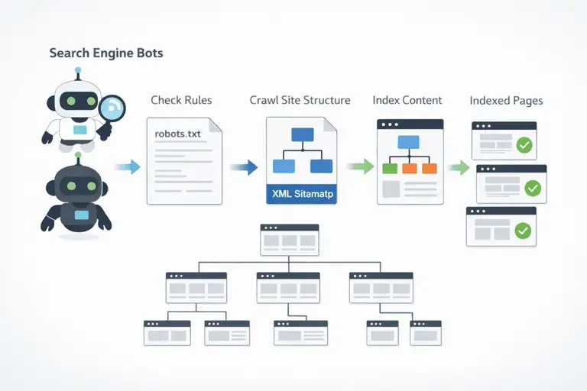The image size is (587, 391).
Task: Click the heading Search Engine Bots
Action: pyautogui.click(x=106, y=53)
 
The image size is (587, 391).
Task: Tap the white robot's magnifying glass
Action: pyautogui.click(x=113, y=108)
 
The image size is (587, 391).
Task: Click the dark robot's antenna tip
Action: pyautogui.click(x=78, y=154)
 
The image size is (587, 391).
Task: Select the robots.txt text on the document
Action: pyautogui.click(x=177, y=134)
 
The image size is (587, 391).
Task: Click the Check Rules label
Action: pyautogui.click(x=181, y=100)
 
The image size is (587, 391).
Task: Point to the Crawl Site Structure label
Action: pyautogui.click(x=300, y=100)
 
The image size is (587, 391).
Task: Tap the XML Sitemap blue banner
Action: pyautogui.click(x=301, y=194)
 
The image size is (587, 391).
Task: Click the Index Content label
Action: pyautogui.click(x=407, y=100)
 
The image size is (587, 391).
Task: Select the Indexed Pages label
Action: pyautogui.click(x=506, y=101)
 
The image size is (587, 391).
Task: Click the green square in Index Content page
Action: pyautogui.click(x=390, y=168)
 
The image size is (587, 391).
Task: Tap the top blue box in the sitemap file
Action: pyautogui.click(x=303, y=134)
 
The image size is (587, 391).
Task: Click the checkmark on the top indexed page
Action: pyautogui.click(x=524, y=145)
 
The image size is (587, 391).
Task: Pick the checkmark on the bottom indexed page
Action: pyautogui.click(x=523, y=231)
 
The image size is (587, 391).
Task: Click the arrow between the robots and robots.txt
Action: pyautogui.click(x=128, y=167)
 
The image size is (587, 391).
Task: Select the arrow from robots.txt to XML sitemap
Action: pyautogui.click(x=244, y=167)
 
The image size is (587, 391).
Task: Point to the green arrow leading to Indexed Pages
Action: pyautogui.click(x=459, y=167)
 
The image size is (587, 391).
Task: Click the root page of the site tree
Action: pyautogui.click(x=290, y=240)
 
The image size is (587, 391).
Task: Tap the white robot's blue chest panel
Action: pyautogui.click(x=80, y=130)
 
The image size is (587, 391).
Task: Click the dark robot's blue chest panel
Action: pyautogui.click(x=82, y=215)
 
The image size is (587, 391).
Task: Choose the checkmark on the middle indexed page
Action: pyautogui.click(x=533, y=188)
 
